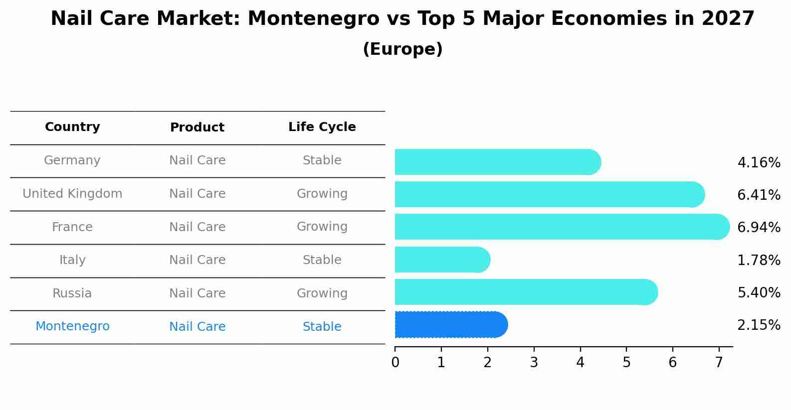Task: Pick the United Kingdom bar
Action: (549, 194)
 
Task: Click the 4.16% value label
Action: (758, 163)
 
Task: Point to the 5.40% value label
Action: (758, 292)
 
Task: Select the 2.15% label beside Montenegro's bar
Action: (758, 325)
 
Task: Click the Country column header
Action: (72, 127)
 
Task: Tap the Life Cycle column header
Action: (322, 127)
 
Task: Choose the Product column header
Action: (197, 128)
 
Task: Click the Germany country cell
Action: (72, 160)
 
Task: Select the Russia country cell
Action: (72, 293)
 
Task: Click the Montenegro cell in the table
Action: (72, 326)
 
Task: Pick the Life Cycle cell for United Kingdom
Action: (322, 194)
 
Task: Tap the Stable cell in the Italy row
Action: (322, 260)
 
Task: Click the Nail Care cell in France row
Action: (197, 227)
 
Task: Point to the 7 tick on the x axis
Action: (719, 363)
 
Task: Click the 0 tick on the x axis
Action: (395, 363)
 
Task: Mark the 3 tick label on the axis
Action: (534, 363)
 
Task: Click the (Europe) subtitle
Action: (402, 49)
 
